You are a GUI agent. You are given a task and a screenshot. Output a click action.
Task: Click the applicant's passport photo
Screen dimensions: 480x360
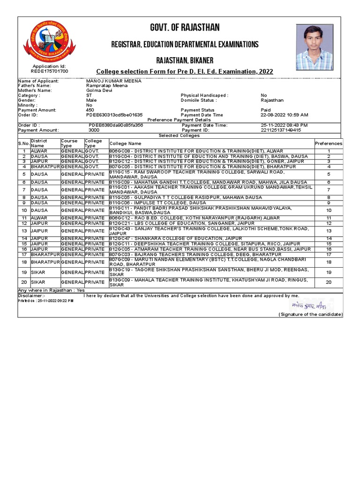point(315,47)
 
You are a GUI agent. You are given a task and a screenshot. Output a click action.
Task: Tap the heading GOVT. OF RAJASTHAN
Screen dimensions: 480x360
point(185,27)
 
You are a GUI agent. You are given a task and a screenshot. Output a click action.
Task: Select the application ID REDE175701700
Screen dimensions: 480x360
point(49,71)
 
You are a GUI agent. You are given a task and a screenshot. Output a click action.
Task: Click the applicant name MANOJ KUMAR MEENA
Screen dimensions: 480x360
point(107,81)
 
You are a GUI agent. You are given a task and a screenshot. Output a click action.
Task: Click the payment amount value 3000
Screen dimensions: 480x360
point(94,130)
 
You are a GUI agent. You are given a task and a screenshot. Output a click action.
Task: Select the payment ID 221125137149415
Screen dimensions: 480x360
point(281,130)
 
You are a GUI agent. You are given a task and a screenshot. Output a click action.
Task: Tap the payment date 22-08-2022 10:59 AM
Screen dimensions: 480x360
point(284,115)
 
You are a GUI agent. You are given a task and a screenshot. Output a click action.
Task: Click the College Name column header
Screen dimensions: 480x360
point(125,143)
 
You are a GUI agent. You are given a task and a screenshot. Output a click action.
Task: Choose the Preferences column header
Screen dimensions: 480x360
point(329,143)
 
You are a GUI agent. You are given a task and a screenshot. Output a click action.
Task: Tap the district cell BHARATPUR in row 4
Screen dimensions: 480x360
point(45,166)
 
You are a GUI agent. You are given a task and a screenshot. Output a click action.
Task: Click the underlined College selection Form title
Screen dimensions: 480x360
point(185,71)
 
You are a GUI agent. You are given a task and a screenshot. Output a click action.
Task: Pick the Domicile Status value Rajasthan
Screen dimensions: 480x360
point(272,100)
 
